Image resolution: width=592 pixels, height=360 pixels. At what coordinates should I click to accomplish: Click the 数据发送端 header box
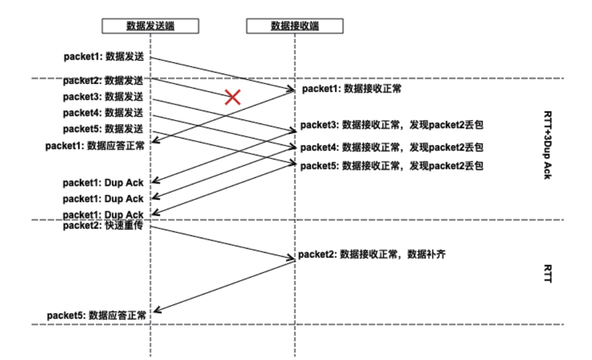(x=151, y=26)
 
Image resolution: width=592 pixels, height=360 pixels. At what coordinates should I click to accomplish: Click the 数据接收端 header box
(x=295, y=26)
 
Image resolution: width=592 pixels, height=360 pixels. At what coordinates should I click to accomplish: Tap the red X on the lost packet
(x=232, y=97)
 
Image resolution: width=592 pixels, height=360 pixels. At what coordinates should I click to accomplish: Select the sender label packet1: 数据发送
(x=104, y=57)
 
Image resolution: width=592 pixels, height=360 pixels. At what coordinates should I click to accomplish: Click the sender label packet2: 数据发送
(x=104, y=81)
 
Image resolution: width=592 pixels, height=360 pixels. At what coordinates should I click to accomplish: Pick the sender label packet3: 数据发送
(x=104, y=96)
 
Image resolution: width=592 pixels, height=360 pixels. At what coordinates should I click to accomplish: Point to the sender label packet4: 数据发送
(x=104, y=112)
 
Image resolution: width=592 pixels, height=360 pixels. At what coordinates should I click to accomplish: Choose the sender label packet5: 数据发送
(x=104, y=129)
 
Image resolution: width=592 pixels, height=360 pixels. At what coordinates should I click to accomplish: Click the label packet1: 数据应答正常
(x=95, y=146)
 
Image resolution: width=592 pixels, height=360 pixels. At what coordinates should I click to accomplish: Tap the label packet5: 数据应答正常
(x=96, y=315)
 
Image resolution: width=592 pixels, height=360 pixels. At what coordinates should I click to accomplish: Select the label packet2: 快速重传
(x=104, y=226)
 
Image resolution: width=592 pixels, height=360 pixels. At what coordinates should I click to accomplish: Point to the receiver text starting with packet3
(x=392, y=125)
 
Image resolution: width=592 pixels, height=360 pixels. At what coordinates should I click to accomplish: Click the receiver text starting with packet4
(x=392, y=147)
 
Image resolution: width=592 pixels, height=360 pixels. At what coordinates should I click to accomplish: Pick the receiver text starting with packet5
(x=392, y=166)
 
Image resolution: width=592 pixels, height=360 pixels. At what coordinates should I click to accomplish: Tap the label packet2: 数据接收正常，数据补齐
(x=372, y=254)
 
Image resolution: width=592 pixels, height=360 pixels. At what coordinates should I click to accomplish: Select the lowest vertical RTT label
(x=547, y=274)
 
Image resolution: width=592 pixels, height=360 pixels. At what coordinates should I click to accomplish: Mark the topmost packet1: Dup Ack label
(x=104, y=183)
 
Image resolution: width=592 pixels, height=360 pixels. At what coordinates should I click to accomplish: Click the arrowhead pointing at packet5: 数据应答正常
(x=155, y=312)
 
